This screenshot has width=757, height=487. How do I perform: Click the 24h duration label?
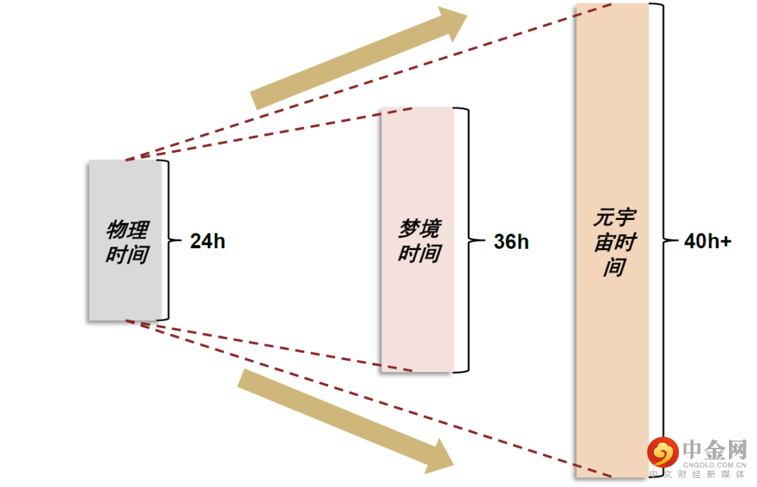[x=207, y=242]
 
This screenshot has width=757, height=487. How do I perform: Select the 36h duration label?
[x=511, y=242]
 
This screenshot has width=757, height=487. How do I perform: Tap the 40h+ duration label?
[x=707, y=242]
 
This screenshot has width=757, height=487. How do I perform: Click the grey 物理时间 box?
[x=125, y=280]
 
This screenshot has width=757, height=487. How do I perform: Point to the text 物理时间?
[x=127, y=242]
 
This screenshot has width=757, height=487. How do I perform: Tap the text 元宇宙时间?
[x=615, y=242]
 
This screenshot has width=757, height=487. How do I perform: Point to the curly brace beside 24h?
[x=168, y=240]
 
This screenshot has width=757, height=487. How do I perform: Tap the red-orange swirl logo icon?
[x=662, y=452]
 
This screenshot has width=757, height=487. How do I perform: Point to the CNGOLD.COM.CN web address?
[x=714, y=464]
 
